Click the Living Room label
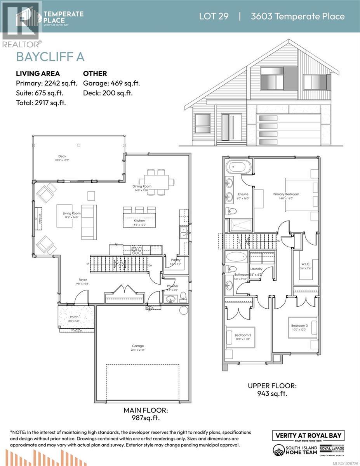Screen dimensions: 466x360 point(71,213)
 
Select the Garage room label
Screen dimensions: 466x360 point(137,346)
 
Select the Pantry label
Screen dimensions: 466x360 point(176,260)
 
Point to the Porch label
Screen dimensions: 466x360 point(74,317)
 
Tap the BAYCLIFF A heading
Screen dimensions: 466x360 point(50,57)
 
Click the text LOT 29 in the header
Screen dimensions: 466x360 point(214,16)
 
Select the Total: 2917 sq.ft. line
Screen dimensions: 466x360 point(41,103)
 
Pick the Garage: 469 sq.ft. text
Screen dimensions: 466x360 point(111,83)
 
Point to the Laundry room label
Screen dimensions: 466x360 point(256,268)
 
